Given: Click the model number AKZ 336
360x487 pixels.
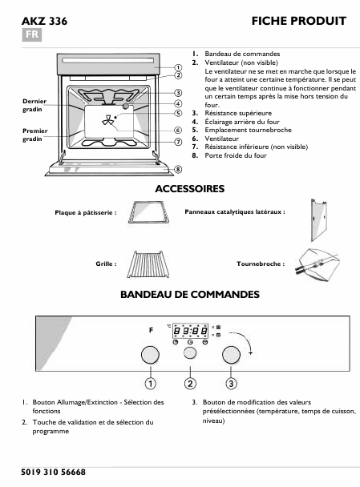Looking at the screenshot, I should pos(38,20).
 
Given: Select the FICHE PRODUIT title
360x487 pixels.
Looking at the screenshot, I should pos(298,20).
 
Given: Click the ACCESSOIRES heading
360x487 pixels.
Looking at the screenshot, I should pos(189,189).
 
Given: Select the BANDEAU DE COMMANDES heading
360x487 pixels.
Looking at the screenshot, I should pos(189,295).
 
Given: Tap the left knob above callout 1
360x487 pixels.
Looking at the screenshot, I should pos(149,355).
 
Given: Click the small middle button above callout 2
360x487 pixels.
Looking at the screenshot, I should pos(190,354).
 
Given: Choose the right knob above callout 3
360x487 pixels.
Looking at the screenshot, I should pos(232,355).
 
